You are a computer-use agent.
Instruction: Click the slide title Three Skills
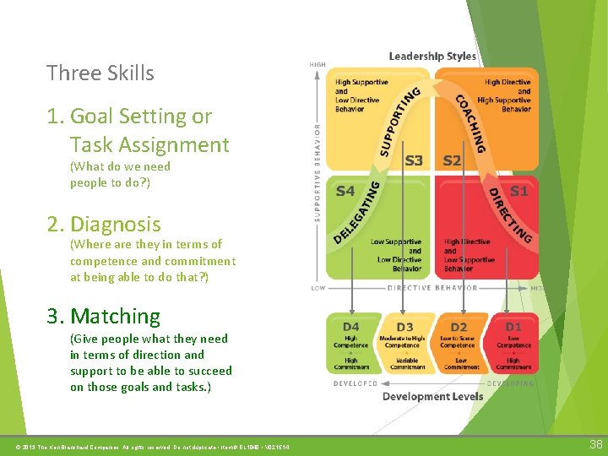100,73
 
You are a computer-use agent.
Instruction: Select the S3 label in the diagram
414,160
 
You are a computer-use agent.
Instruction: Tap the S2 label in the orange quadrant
452,160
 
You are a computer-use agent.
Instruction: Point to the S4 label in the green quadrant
345,192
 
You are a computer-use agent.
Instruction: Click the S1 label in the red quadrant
518,192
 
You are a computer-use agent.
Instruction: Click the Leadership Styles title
432,57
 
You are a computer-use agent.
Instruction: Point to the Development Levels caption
432,396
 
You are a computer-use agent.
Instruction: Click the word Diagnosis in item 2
115,225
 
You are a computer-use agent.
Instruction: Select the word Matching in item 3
115,317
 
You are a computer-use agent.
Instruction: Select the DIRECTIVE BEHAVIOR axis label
432,288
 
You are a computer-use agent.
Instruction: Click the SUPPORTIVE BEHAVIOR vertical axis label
318,173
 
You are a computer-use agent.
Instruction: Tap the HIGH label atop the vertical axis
318,64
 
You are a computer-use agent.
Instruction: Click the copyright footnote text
148,446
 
